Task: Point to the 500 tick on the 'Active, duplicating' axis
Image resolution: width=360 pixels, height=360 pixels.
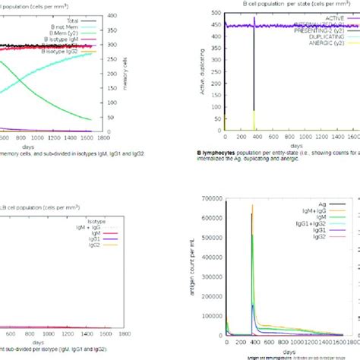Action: point(216,14)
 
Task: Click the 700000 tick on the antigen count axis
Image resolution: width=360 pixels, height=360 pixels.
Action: point(208,198)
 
